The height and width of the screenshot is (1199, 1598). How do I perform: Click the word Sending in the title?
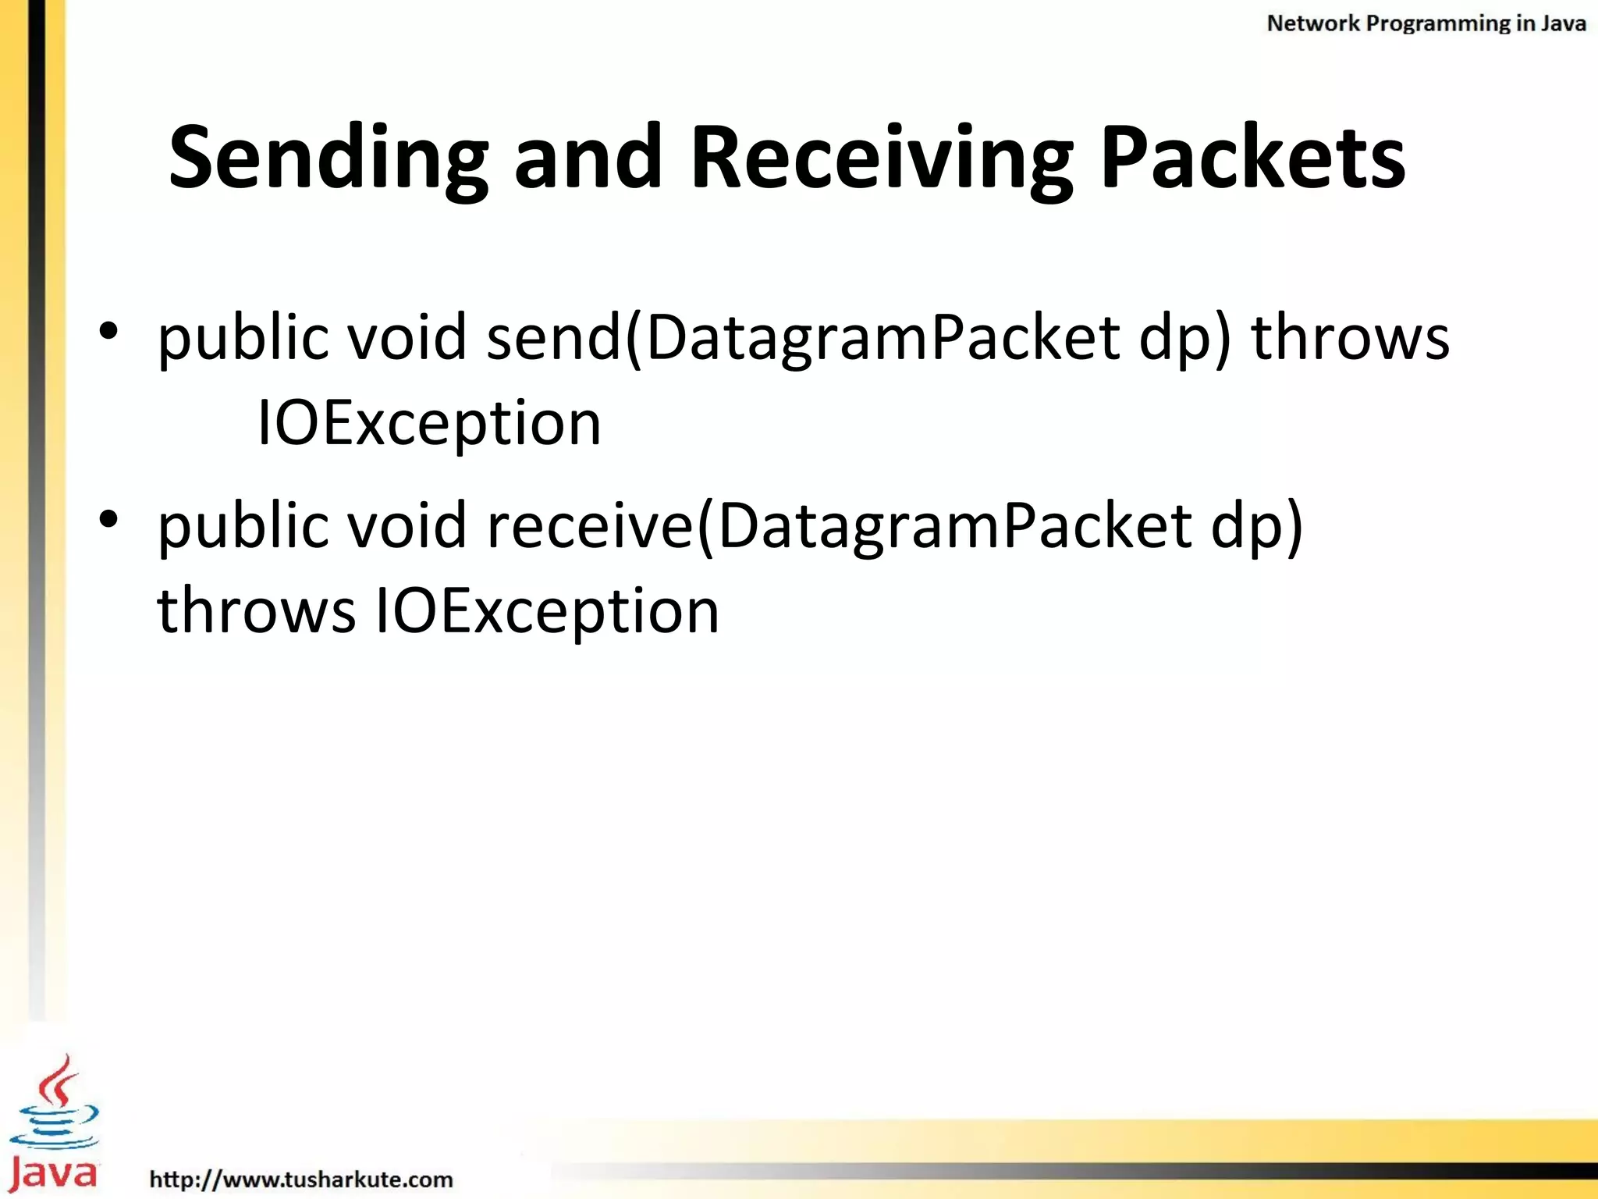pos(328,159)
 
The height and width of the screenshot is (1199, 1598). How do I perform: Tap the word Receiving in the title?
pos(882,159)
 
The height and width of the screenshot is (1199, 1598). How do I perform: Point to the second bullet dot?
pos(108,518)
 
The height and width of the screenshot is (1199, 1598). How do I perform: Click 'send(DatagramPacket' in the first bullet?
pos(804,339)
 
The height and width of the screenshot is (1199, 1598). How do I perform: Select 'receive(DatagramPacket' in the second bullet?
pos(839,527)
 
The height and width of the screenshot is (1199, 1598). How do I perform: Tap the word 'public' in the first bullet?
pos(242,339)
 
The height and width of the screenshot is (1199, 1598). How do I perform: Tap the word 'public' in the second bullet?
pos(242,527)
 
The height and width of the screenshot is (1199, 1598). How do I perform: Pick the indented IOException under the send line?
pos(429,424)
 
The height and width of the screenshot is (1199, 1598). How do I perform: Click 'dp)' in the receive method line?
pos(1256,527)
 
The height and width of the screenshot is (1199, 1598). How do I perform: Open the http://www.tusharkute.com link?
pos(301,1179)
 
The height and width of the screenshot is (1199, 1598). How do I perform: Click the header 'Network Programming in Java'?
pos(1426,23)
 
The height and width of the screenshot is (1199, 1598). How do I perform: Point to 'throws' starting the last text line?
pos(256,610)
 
